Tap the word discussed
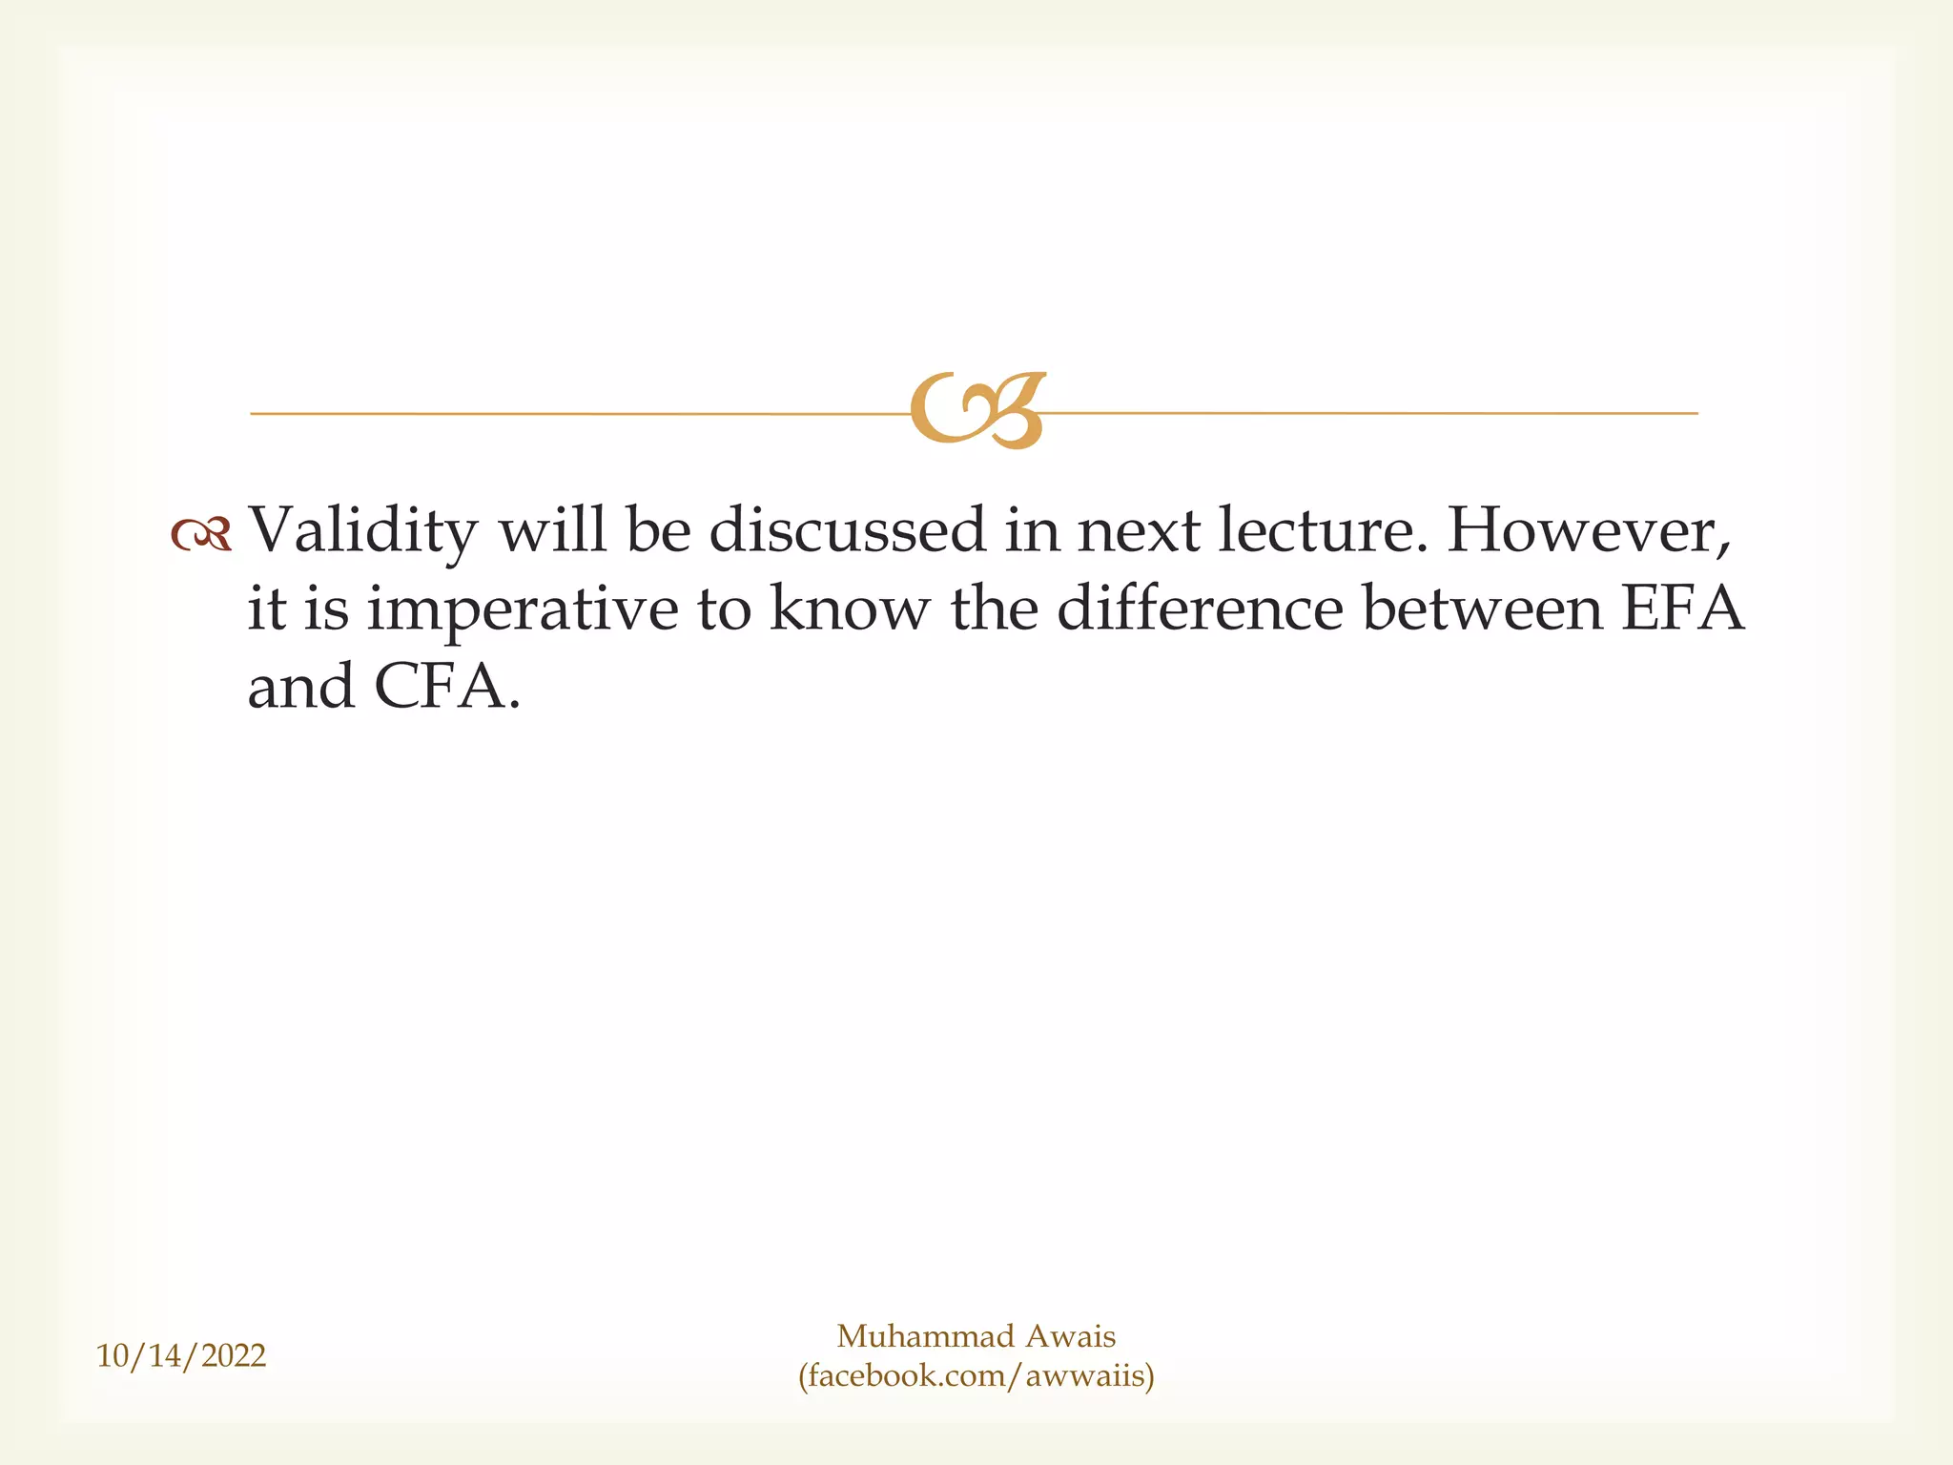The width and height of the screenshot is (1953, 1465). point(848,530)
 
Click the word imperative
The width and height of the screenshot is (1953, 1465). point(523,610)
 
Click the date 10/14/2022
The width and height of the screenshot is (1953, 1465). point(181,1355)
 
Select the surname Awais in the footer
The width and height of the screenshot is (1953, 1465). point(1070,1336)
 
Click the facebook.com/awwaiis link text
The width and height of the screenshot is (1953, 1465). point(976,1375)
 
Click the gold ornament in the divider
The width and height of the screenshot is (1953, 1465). point(977,410)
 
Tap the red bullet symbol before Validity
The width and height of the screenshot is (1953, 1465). point(201,535)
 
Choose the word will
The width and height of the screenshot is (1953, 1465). point(552,530)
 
